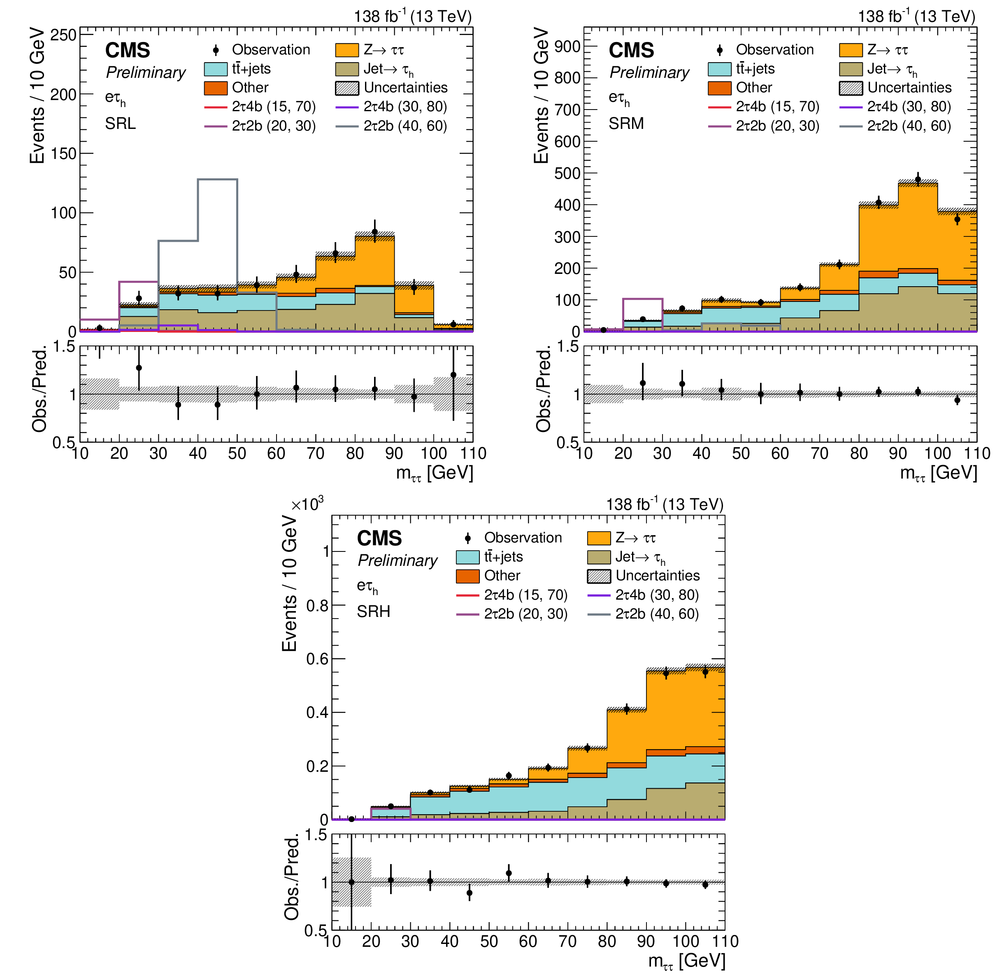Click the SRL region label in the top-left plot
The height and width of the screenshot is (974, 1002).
click(120, 124)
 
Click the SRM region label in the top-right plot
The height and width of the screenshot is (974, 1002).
click(626, 124)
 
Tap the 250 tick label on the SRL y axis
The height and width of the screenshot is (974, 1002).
click(63, 35)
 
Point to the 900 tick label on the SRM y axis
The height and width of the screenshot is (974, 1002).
click(567, 47)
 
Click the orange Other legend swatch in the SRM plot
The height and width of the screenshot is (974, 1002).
click(719, 88)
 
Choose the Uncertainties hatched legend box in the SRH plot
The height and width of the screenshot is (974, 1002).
click(599, 576)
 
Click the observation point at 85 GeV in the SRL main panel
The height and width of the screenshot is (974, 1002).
click(375, 232)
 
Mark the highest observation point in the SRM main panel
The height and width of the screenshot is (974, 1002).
click(918, 180)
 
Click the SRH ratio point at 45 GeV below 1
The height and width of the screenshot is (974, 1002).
click(469, 893)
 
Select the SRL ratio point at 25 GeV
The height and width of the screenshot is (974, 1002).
click(139, 368)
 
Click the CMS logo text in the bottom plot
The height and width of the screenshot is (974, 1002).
click(379, 538)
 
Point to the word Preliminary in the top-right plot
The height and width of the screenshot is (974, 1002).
click(649, 72)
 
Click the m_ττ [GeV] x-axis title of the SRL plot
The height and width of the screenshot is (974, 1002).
click(434, 473)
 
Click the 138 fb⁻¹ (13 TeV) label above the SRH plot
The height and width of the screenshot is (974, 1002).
click(665, 505)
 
